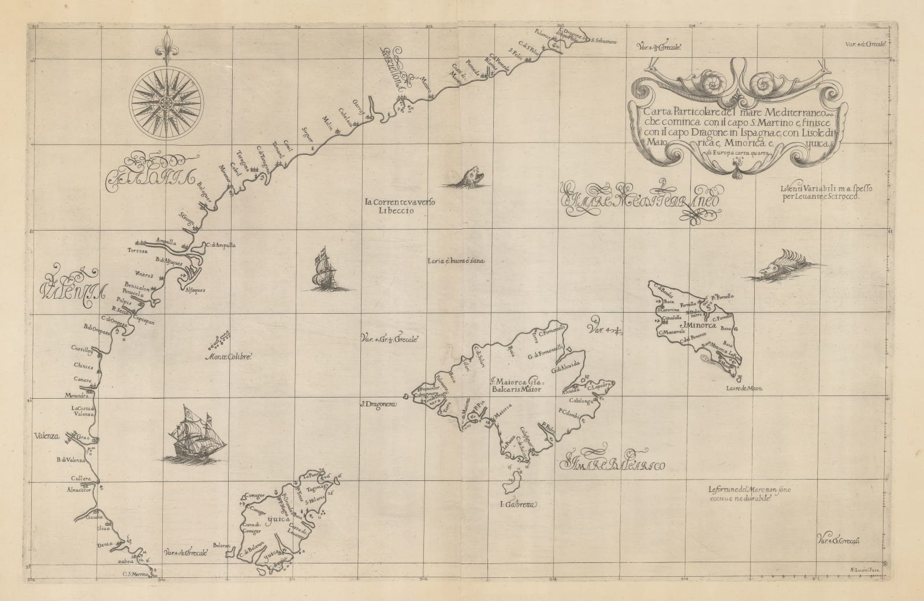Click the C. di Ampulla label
point(221,245)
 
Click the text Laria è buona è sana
point(455,261)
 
